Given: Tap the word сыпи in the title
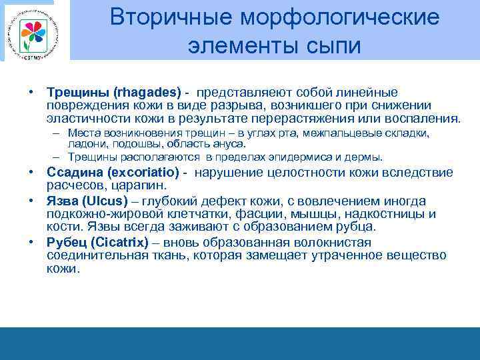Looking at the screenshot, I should pyautogui.click(x=329, y=46).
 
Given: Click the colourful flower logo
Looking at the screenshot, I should pyautogui.click(x=31, y=31).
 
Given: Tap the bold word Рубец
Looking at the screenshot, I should pyautogui.click(x=65, y=242).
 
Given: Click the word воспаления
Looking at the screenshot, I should pyautogui.click(x=427, y=119).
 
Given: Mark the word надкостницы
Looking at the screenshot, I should pyautogui.click(x=386, y=214).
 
